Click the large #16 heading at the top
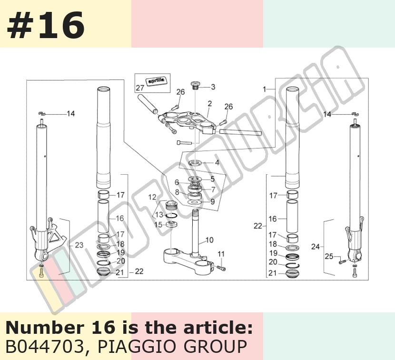click(46, 25)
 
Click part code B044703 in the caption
click(44, 347)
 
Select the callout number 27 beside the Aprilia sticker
click(140, 88)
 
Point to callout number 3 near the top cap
click(213, 87)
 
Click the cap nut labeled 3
click(195, 85)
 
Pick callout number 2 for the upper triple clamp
click(209, 104)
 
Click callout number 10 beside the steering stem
click(209, 240)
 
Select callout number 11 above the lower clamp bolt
click(221, 254)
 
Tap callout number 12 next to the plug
click(152, 197)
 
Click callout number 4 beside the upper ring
click(217, 162)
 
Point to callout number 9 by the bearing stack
click(212, 202)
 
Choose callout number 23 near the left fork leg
click(79, 245)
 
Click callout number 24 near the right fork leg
click(316, 247)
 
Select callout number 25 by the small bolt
click(329, 256)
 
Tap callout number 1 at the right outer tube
click(264, 89)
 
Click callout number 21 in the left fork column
click(120, 272)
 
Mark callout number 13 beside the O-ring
click(159, 215)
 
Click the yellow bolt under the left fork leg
click(41, 272)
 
